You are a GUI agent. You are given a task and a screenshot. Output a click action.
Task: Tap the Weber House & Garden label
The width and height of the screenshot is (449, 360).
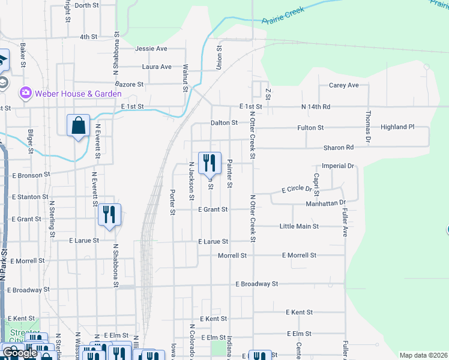(78, 94)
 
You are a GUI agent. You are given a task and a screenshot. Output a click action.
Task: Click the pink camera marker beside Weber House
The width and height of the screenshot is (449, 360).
(25, 93)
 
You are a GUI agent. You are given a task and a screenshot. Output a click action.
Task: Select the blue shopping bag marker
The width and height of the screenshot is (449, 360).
(78, 125)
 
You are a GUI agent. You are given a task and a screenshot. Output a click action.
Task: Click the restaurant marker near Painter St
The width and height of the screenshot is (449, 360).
(209, 163)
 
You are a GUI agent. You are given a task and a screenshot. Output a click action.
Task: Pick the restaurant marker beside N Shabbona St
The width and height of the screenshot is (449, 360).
(109, 214)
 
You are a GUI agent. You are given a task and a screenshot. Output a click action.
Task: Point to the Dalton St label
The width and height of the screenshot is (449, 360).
(224, 123)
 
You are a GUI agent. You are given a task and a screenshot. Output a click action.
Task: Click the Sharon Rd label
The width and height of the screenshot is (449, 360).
(339, 148)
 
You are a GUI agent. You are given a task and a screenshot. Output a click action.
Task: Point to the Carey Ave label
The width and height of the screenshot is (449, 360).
(344, 85)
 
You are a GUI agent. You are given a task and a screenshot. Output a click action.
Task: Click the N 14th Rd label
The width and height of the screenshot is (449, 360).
(316, 107)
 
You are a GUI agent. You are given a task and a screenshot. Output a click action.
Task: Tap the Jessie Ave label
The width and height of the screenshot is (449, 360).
(151, 49)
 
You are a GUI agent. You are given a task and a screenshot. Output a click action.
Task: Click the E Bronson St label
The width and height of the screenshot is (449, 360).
(29, 175)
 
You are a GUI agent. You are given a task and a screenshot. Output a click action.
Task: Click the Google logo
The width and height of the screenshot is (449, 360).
(19, 353)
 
